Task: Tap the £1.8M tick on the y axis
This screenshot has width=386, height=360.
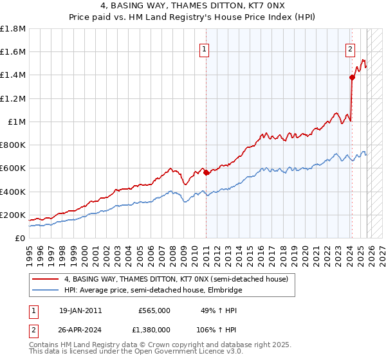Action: [x=13, y=29]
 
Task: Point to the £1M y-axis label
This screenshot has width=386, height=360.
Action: [x=17, y=122]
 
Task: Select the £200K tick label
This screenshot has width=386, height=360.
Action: [x=13, y=215]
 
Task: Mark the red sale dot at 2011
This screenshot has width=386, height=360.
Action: [x=206, y=172]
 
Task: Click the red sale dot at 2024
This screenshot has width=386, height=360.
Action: [x=352, y=77]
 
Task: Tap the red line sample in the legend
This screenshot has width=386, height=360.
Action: [x=46, y=279]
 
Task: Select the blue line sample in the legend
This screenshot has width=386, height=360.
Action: [x=46, y=290]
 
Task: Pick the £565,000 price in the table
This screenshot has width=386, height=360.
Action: [x=154, y=310]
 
